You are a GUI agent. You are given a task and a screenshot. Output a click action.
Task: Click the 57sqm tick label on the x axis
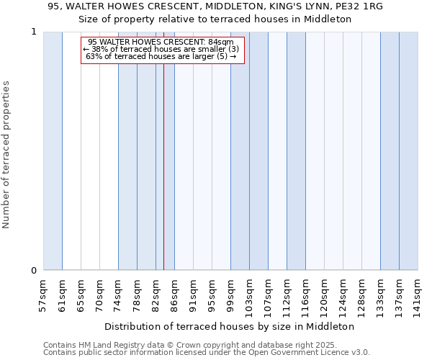point(43,294)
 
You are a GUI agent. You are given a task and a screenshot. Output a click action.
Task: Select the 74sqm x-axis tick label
point(118,294)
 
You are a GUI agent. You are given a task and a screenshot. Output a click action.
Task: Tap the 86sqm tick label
point(174,294)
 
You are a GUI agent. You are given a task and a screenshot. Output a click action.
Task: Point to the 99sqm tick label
point(230,294)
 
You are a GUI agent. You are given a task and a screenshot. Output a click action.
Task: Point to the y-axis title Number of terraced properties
point(7,155)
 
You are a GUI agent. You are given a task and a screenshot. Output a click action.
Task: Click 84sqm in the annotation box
point(220,42)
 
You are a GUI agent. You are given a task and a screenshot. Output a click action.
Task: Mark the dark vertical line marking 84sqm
point(164,180)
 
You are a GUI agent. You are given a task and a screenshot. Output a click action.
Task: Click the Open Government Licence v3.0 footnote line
point(207,353)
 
